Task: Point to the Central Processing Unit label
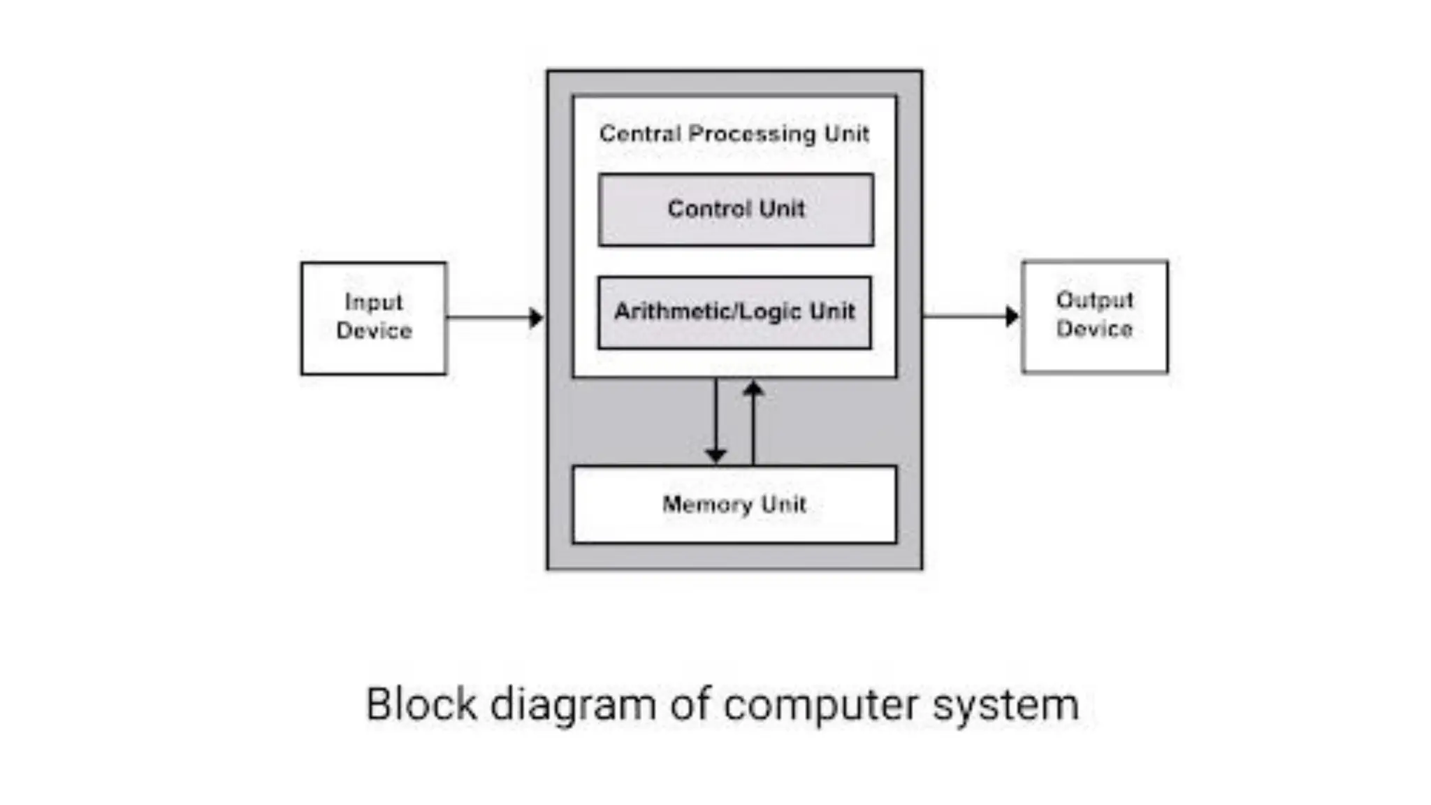[x=734, y=133]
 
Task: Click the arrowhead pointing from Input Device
[x=536, y=318]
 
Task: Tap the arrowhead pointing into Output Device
[x=1012, y=316]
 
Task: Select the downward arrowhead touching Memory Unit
[x=715, y=456]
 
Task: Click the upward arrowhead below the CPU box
[x=753, y=388]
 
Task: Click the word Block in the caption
[x=421, y=704]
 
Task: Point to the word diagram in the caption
[x=573, y=705]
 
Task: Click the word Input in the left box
[x=374, y=303]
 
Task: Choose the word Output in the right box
[x=1094, y=300]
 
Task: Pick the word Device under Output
[x=1094, y=328]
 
